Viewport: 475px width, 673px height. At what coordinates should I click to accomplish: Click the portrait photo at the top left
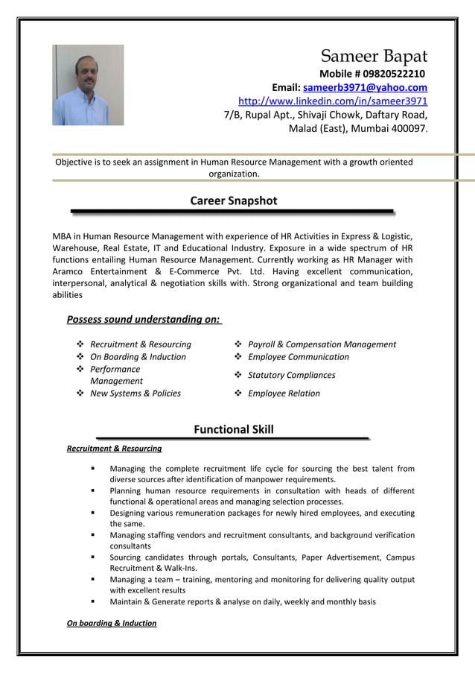tap(88, 85)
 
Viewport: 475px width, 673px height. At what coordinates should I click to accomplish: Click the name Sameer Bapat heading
tap(374, 57)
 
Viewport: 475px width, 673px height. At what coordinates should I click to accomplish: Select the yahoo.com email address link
tap(365, 87)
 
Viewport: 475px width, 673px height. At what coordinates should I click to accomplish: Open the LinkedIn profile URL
tap(333, 101)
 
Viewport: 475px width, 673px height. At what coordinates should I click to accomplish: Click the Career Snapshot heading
tap(233, 200)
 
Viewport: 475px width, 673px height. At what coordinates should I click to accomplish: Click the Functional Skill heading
tap(233, 429)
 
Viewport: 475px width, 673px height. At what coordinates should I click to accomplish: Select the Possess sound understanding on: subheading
tap(143, 320)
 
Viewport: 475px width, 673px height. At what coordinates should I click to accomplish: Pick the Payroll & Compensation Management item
tap(322, 344)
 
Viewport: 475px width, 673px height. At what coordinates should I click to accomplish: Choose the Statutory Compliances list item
tap(291, 375)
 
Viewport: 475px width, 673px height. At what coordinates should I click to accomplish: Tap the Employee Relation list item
tap(284, 394)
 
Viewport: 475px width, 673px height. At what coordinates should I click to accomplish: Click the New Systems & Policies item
tap(135, 394)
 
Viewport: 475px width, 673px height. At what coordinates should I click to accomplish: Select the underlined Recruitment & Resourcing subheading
tap(114, 449)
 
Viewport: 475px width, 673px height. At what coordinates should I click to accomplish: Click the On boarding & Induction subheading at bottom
tap(112, 623)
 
